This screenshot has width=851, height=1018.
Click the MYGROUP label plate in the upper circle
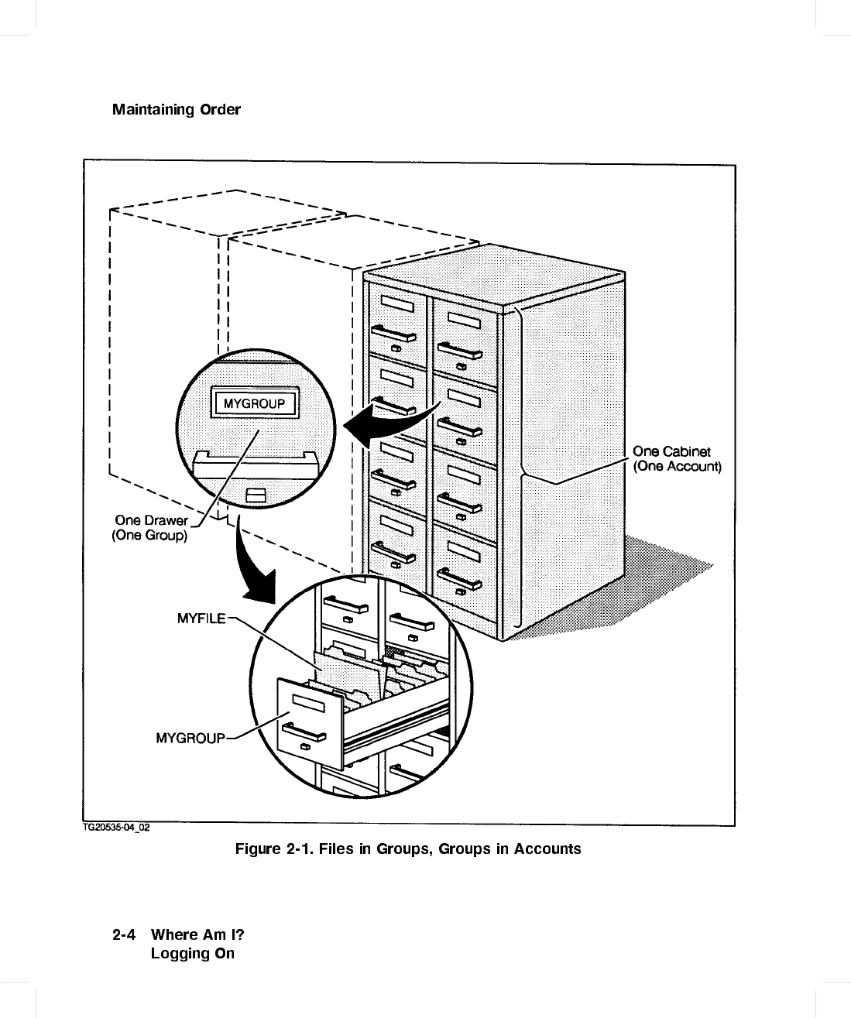[x=254, y=403]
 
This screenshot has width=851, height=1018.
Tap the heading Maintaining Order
[x=177, y=109]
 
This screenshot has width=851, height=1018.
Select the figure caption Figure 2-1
[x=408, y=848]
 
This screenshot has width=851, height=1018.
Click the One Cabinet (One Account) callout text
[x=677, y=458]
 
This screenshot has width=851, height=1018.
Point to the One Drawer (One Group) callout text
[x=151, y=527]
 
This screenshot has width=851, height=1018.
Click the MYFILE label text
[x=201, y=618]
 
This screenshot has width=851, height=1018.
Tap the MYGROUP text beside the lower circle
[x=190, y=738]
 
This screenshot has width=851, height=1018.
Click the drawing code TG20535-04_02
[x=116, y=828]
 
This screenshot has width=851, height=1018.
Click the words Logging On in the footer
[x=192, y=953]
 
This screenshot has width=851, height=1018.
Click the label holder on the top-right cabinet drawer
[x=462, y=319]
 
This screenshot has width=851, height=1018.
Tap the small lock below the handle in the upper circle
[x=255, y=495]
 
